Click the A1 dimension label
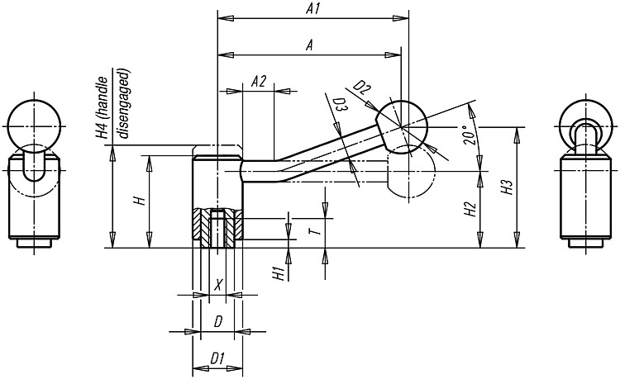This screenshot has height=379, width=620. pos(312,9)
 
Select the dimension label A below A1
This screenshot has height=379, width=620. pos(310,45)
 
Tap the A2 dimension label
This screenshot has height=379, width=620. pos(259,81)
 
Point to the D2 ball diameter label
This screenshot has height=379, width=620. pos(361,88)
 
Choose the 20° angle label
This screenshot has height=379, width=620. pos(469,135)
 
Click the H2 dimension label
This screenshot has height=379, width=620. pos(470,209)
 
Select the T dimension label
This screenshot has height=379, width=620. pos(315,230)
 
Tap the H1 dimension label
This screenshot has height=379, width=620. pos(279,273)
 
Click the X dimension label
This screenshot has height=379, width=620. pos(218,285)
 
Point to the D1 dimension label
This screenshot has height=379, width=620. pos(217,358)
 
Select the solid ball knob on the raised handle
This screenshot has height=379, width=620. pos(401,126)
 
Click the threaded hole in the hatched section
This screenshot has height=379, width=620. pos(217,229)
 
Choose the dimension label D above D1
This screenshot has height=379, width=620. pos(218,322)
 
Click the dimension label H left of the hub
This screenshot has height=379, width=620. pos(140,201)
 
